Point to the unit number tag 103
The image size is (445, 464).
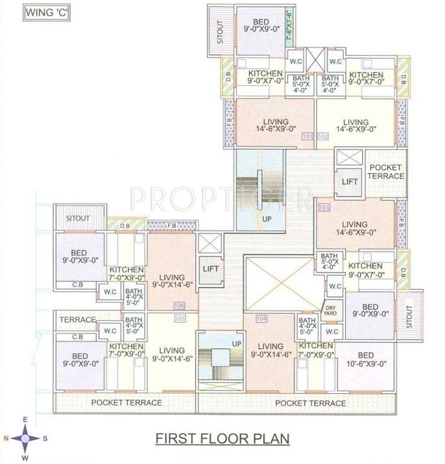point(324,208)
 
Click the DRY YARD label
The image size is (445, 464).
point(331,310)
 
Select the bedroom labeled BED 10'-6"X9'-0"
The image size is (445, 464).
point(365,359)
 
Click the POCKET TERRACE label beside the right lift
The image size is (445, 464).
point(386,172)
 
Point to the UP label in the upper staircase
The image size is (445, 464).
point(266,220)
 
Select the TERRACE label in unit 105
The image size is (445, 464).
point(78,319)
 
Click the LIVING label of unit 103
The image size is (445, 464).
point(355,225)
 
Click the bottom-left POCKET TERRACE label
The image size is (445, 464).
point(126,402)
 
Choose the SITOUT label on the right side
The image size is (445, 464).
point(410,315)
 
